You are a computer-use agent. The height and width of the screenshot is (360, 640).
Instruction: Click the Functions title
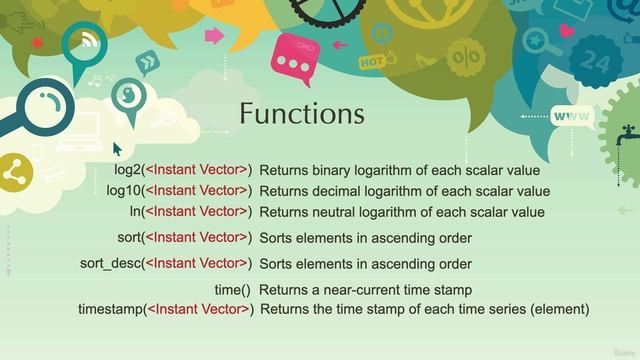[301, 114]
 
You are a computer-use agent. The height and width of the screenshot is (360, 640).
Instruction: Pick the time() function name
[231, 290]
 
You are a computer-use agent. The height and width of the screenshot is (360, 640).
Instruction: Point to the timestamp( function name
[111, 309]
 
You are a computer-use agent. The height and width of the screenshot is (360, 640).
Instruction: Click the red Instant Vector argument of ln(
[199, 212]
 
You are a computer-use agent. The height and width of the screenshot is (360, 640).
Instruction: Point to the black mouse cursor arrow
[117, 149]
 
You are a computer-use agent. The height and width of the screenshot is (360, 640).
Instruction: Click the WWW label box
[572, 117]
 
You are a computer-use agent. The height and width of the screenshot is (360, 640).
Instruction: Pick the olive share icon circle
[14, 172]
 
